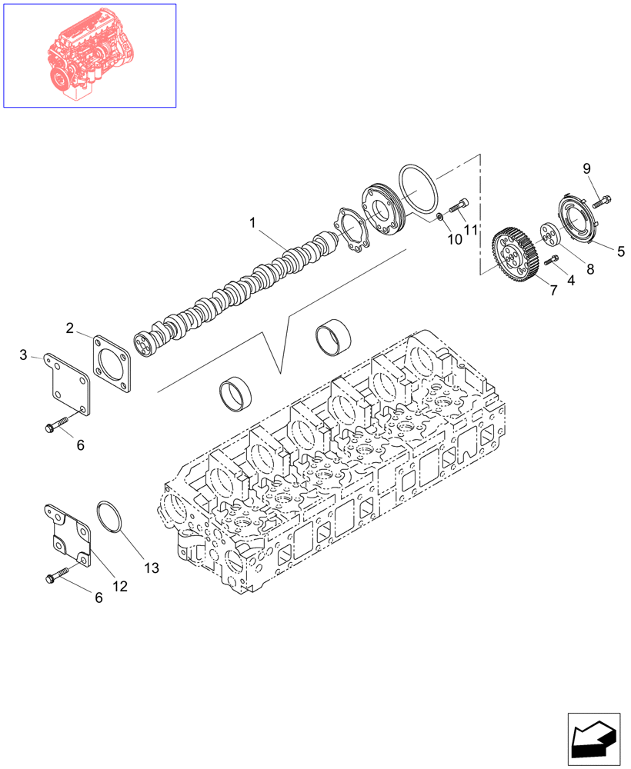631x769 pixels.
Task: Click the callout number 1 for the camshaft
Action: [252, 223]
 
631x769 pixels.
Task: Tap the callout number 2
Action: [70, 328]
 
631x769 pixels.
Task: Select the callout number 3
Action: [24, 355]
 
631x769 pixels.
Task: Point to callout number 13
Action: [151, 568]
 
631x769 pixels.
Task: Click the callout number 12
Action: [120, 585]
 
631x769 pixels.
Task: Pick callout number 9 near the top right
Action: [586, 168]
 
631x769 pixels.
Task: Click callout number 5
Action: [620, 250]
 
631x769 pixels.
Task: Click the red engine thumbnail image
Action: [90, 55]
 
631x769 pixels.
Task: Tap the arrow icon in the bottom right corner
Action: [593, 737]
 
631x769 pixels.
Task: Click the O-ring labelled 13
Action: [109, 516]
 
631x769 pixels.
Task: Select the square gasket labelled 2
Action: [114, 361]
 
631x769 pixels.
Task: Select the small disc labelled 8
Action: [549, 233]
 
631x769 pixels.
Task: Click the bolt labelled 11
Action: [458, 205]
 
